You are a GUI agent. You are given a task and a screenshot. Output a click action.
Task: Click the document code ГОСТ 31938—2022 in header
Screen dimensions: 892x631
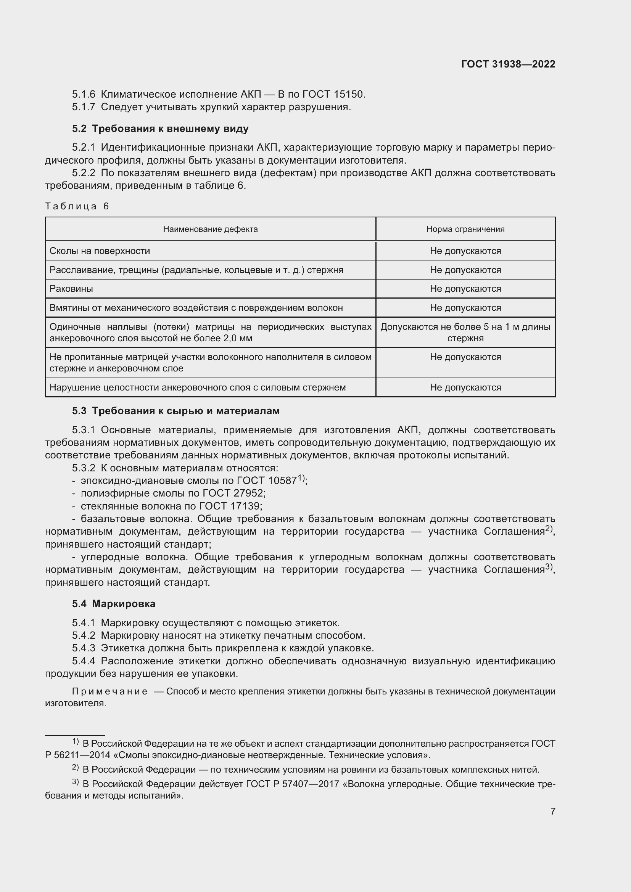(x=508, y=64)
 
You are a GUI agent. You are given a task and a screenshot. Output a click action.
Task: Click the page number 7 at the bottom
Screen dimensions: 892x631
(x=552, y=811)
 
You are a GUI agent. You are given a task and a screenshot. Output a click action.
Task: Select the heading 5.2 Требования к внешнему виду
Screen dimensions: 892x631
(x=160, y=129)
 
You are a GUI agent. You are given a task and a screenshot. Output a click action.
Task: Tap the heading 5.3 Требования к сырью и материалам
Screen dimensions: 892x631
(x=175, y=411)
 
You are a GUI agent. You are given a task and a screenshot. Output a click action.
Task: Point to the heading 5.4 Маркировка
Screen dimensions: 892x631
(x=113, y=603)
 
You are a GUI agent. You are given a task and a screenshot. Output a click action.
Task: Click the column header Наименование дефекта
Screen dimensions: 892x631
(x=210, y=229)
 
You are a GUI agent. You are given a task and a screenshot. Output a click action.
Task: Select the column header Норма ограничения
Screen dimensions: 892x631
(x=465, y=229)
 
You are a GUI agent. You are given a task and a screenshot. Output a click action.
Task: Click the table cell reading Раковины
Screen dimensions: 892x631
(x=71, y=289)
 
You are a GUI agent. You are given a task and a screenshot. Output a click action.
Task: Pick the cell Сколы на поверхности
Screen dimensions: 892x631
(x=100, y=251)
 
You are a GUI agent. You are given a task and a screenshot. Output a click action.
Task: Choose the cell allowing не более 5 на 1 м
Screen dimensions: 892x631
(x=465, y=332)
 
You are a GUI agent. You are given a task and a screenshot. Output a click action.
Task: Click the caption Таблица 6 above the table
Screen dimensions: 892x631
(x=77, y=206)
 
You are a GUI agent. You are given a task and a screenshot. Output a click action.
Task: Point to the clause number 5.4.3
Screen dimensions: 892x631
(x=84, y=648)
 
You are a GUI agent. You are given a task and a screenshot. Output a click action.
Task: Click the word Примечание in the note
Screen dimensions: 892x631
(x=109, y=691)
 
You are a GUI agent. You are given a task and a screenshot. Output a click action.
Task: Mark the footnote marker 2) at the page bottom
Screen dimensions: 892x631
(x=75, y=768)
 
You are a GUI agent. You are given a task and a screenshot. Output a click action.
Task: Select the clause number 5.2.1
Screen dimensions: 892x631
(x=84, y=148)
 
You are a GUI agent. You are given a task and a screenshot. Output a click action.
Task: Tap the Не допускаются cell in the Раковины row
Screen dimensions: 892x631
(x=465, y=289)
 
